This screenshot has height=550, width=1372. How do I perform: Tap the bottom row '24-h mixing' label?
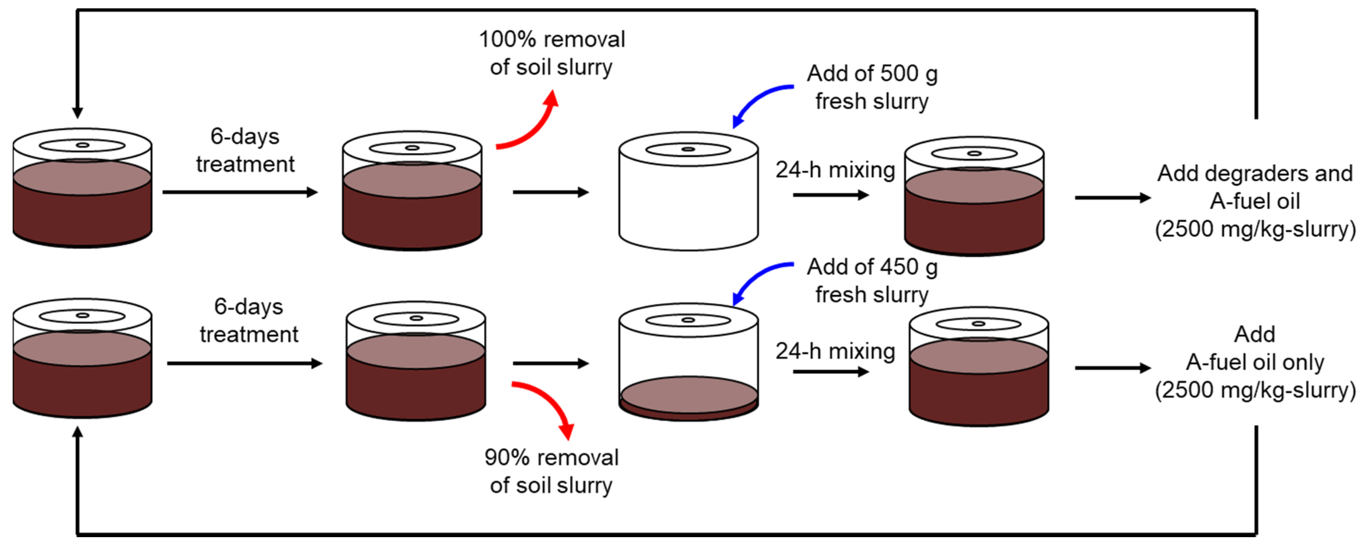coord(835,351)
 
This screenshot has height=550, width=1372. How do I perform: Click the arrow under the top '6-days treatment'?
coord(240,192)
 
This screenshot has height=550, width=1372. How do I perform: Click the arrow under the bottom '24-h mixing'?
coord(830,371)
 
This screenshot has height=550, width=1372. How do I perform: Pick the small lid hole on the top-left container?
coord(83,145)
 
